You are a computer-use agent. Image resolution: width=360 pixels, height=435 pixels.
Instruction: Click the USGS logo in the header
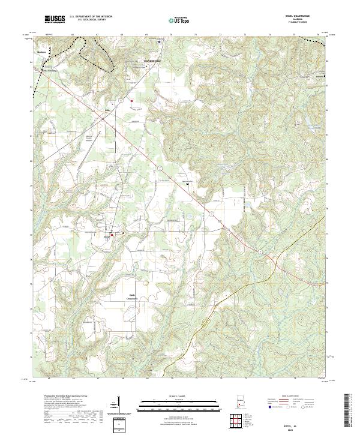point(55,20)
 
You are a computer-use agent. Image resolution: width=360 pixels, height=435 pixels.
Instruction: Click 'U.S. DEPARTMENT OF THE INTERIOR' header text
point(90,17)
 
